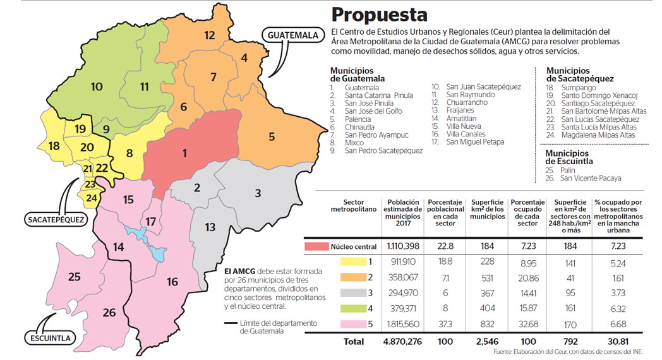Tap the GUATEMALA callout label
[x=292, y=35]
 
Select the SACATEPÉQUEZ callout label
[x=56, y=220]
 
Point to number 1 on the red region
[x=184, y=153]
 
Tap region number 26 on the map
[x=109, y=312]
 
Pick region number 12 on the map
[x=209, y=35]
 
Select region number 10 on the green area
[x=97, y=87]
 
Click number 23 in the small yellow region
[x=90, y=184]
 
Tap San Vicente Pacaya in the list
[x=591, y=178]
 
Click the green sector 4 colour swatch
[x=353, y=308]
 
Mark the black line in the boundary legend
[x=231, y=323]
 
